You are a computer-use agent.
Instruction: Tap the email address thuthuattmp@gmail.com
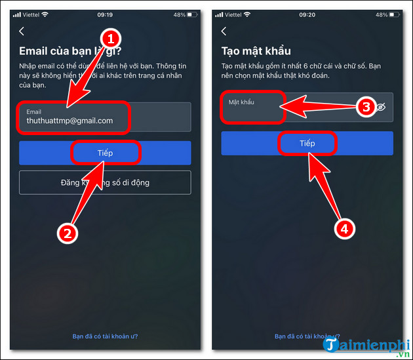pos(69,121)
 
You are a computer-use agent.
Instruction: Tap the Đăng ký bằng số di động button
pos(105,182)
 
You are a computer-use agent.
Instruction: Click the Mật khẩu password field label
pos(241,102)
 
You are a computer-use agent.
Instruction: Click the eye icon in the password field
pos(381,108)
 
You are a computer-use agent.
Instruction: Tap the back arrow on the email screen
pos(22,31)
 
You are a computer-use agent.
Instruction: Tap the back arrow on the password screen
pos(224,31)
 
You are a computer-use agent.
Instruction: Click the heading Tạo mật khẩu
pos(256,51)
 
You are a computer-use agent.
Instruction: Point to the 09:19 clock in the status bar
pos(104,14)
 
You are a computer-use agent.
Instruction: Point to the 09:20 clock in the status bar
pos(306,14)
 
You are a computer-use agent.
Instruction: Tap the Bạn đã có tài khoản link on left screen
pos(104,336)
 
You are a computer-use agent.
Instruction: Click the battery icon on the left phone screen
pos(190,14)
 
